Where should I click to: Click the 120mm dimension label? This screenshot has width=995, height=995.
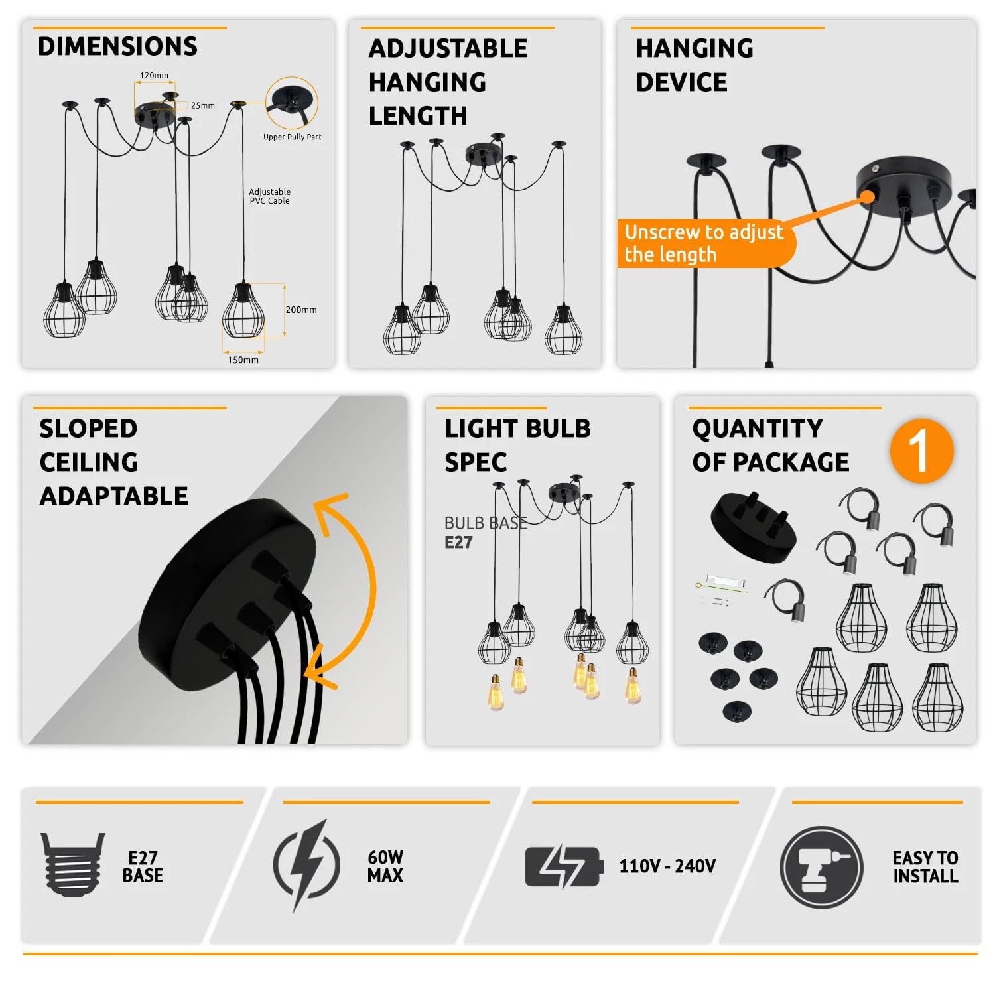click(154, 76)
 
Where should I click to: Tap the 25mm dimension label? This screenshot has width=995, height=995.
click(203, 105)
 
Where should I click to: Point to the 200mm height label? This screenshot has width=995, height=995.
click(301, 310)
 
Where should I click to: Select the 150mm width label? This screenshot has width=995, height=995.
click(243, 360)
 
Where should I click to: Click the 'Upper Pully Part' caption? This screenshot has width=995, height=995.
click(293, 137)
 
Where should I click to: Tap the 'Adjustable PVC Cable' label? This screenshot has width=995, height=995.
click(270, 196)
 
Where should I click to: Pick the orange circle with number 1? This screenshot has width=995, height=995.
click(921, 451)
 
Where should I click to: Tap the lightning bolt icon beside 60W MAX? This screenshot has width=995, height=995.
click(307, 866)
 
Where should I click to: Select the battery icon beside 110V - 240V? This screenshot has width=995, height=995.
click(564, 866)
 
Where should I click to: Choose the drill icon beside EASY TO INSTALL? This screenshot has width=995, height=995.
click(822, 867)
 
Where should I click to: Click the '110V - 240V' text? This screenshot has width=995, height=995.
click(667, 866)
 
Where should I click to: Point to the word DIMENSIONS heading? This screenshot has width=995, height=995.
click(117, 46)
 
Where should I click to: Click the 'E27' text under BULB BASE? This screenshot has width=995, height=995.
click(458, 543)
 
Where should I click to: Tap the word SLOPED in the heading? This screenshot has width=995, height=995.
click(88, 429)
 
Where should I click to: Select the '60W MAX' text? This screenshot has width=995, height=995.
click(385, 866)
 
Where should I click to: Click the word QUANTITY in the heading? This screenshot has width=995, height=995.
click(758, 429)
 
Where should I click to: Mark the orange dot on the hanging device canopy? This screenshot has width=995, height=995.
click(867, 196)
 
